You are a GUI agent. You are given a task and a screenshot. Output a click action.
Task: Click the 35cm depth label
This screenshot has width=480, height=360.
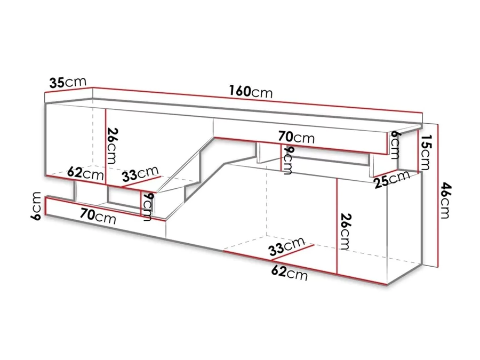click(68, 82)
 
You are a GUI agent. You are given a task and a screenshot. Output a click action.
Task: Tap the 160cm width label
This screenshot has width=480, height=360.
click(251, 91)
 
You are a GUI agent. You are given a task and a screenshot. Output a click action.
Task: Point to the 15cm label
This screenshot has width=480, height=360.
click(425, 152)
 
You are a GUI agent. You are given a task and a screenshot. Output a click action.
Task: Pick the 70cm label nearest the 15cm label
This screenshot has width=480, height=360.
click(297, 137)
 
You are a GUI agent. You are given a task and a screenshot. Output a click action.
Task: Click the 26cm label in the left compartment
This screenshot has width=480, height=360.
click(112, 146)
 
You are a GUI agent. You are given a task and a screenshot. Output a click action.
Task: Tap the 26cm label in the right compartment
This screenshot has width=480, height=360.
click(345, 231)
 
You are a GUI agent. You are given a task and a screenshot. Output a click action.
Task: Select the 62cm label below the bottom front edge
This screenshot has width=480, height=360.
click(289, 273)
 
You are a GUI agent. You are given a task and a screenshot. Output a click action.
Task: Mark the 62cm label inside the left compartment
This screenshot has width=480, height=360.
click(86, 173)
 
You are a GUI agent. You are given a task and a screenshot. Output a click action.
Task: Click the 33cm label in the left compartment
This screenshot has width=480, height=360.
click(140, 174)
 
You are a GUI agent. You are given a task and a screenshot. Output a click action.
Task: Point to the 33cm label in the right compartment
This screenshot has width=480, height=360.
click(287, 246)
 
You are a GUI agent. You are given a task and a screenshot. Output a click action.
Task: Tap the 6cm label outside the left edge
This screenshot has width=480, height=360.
click(36, 206)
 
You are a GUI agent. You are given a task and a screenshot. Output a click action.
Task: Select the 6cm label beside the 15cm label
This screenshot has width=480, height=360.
click(394, 145)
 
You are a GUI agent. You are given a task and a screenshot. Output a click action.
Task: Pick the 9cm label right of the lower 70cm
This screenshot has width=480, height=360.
click(147, 206)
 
